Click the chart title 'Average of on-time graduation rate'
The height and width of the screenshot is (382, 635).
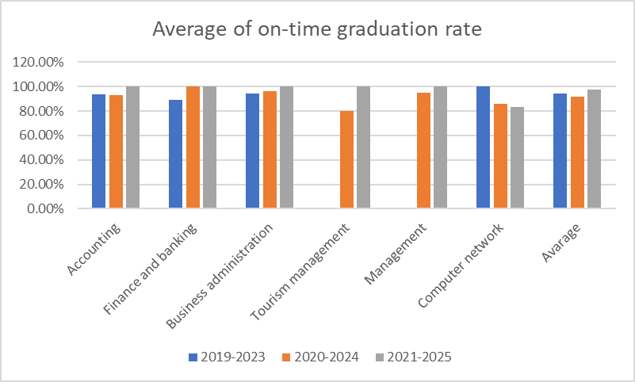click(317, 30)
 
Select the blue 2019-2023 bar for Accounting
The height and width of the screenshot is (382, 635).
click(98, 151)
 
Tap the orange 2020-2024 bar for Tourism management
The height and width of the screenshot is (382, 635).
click(346, 159)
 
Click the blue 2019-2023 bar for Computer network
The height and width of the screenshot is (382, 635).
click(483, 147)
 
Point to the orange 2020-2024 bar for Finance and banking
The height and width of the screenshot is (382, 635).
click(193, 147)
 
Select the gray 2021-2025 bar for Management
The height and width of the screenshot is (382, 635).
click(440, 147)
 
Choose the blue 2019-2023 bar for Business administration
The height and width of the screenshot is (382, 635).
click(252, 151)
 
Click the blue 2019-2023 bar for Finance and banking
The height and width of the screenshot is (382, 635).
click(175, 154)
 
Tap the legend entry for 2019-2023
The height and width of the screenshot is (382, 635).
click(228, 357)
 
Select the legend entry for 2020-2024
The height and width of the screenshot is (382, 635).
click(320, 357)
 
